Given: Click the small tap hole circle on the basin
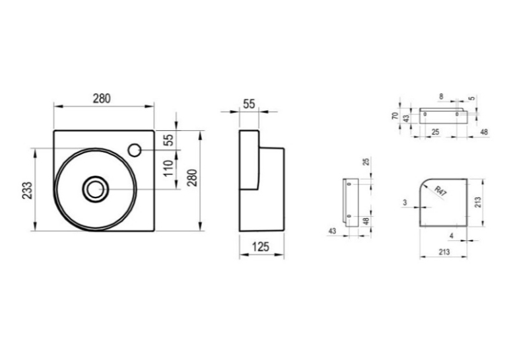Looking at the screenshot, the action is (134, 150).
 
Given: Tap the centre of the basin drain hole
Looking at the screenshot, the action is (95, 189).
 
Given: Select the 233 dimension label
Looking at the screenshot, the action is (27, 190).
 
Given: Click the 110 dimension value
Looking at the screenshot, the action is (168, 168).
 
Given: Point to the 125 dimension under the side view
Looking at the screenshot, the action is (261, 247).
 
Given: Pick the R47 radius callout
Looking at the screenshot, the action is (440, 191).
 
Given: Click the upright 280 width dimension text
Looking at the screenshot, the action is (102, 98).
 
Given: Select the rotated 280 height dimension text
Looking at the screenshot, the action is (192, 178).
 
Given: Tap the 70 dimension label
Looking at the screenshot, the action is (395, 116).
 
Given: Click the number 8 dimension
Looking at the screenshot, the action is (441, 96).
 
